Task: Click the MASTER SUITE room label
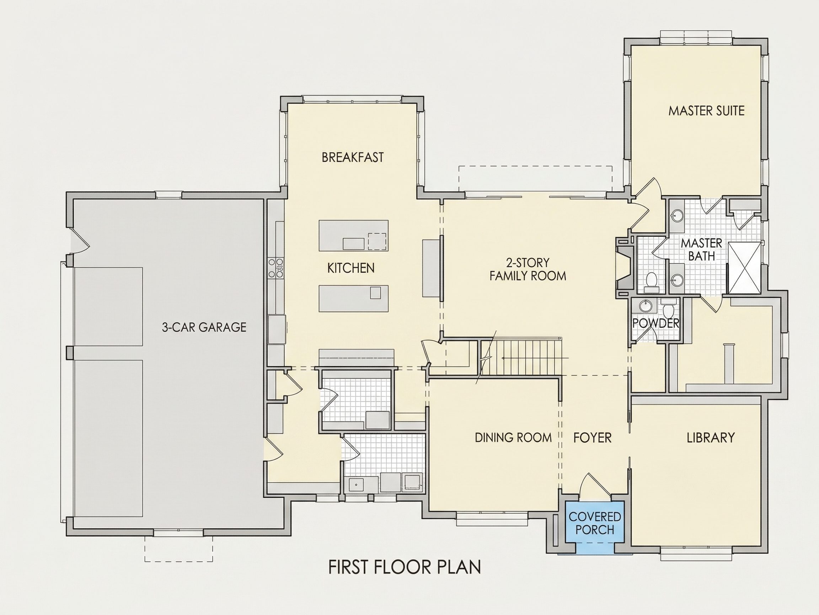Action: (x=706, y=111)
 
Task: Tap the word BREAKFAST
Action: (x=353, y=158)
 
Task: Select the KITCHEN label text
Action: (x=350, y=268)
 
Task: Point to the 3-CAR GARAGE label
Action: (x=204, y=327)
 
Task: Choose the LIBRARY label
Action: (x=711, y=438)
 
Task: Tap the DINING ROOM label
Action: (x=513, y=438)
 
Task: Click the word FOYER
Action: (x=593, y=438)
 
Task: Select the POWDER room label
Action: (x=656, y=323)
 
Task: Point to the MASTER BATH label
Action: (x=702, y=249)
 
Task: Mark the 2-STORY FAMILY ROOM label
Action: (x=528, y=269)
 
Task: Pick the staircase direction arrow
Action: (x=535, y=358)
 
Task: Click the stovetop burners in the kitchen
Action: (x=276, y=268)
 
